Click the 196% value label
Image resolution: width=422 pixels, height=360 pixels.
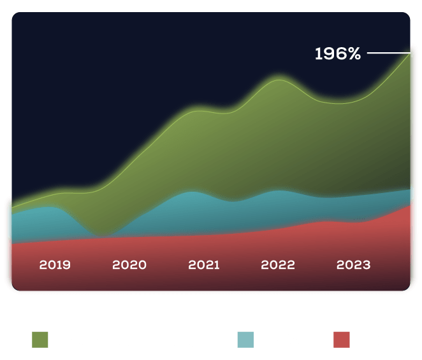[x=338, y=54]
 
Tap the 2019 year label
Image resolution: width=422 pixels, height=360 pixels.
[x=55, y=264]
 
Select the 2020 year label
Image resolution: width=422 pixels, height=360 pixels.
[x=129, y=264]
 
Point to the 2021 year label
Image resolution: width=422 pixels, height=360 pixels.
[x=204, y=264]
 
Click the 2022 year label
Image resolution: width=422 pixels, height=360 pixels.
[x=278, y=264]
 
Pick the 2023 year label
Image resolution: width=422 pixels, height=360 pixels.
[x=353, y=264]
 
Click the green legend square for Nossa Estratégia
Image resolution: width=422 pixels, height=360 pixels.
[x=40, y=340]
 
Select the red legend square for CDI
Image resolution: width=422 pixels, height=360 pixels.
[x=342, y=340]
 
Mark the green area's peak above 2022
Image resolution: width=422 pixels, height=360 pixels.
[x=279, y=79]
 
